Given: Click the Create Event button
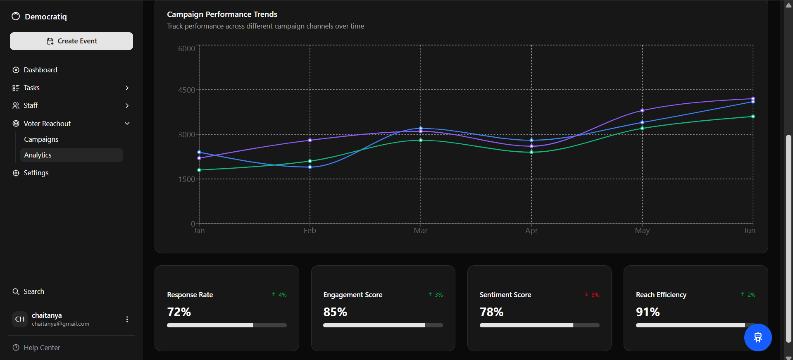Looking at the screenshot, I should [71, 41].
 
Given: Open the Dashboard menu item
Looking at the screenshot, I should [40, 70].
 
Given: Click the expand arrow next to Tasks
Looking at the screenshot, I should [127, 88].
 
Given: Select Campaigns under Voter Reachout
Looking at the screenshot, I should [41, 139].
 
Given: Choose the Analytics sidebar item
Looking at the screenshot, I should [38, 155].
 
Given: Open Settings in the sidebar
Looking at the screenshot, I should [36, 173].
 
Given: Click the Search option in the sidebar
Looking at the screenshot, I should [33, 291].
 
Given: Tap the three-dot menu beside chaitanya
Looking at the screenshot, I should [127, 319].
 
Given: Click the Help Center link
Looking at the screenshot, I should [42, 348].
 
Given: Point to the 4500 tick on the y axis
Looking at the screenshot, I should [186, 90].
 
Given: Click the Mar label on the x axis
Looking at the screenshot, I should [421, 231].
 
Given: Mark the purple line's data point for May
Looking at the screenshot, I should [642, 110].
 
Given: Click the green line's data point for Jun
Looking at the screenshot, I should [753, 117].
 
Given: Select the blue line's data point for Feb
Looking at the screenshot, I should [310, 167].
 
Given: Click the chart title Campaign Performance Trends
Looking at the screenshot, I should [222, 14].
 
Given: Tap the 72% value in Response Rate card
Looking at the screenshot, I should [179, 312].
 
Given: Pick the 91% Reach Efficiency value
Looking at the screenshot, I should [648, 312].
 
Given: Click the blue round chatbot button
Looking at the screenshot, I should [757, 337].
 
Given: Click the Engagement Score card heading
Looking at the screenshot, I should [352, 295].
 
